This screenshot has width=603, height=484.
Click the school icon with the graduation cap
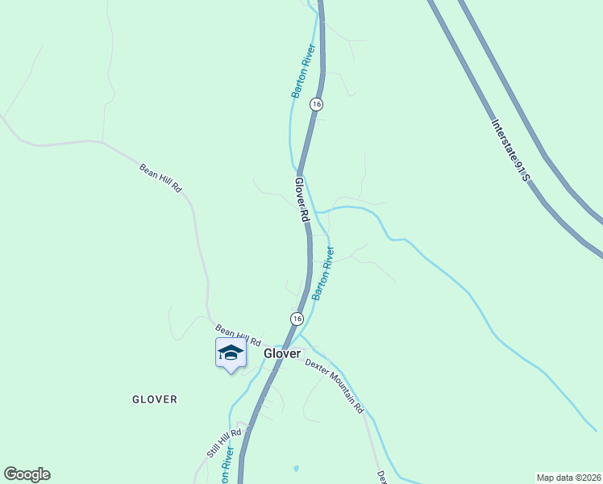tap(231, 353)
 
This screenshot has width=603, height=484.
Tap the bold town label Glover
tap(282, 353)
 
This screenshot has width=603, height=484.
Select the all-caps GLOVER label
tap(155, 399)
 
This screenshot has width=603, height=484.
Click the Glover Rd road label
tap(301, 200)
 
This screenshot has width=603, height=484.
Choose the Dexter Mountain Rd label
tap(334, 386)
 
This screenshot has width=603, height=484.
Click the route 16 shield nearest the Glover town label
tap(297, 319)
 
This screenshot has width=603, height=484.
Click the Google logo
tap(27, 474)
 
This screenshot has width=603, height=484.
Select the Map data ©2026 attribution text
tap(569, 477)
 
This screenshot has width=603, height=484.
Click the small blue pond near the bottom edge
tap(296, 468)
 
